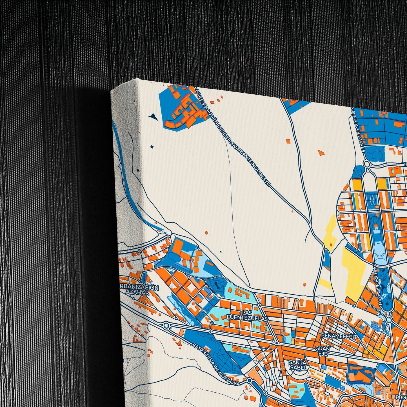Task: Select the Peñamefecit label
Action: click(x=339, y=337)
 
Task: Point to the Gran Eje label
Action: click(x=323, y=351)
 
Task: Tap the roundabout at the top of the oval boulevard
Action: click(x=366, y=164)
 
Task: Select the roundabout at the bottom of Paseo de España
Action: click(x=389, y=319)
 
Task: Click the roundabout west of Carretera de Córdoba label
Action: click(x=166, y=326)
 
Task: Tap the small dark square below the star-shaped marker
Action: click(x=152, y=147)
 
